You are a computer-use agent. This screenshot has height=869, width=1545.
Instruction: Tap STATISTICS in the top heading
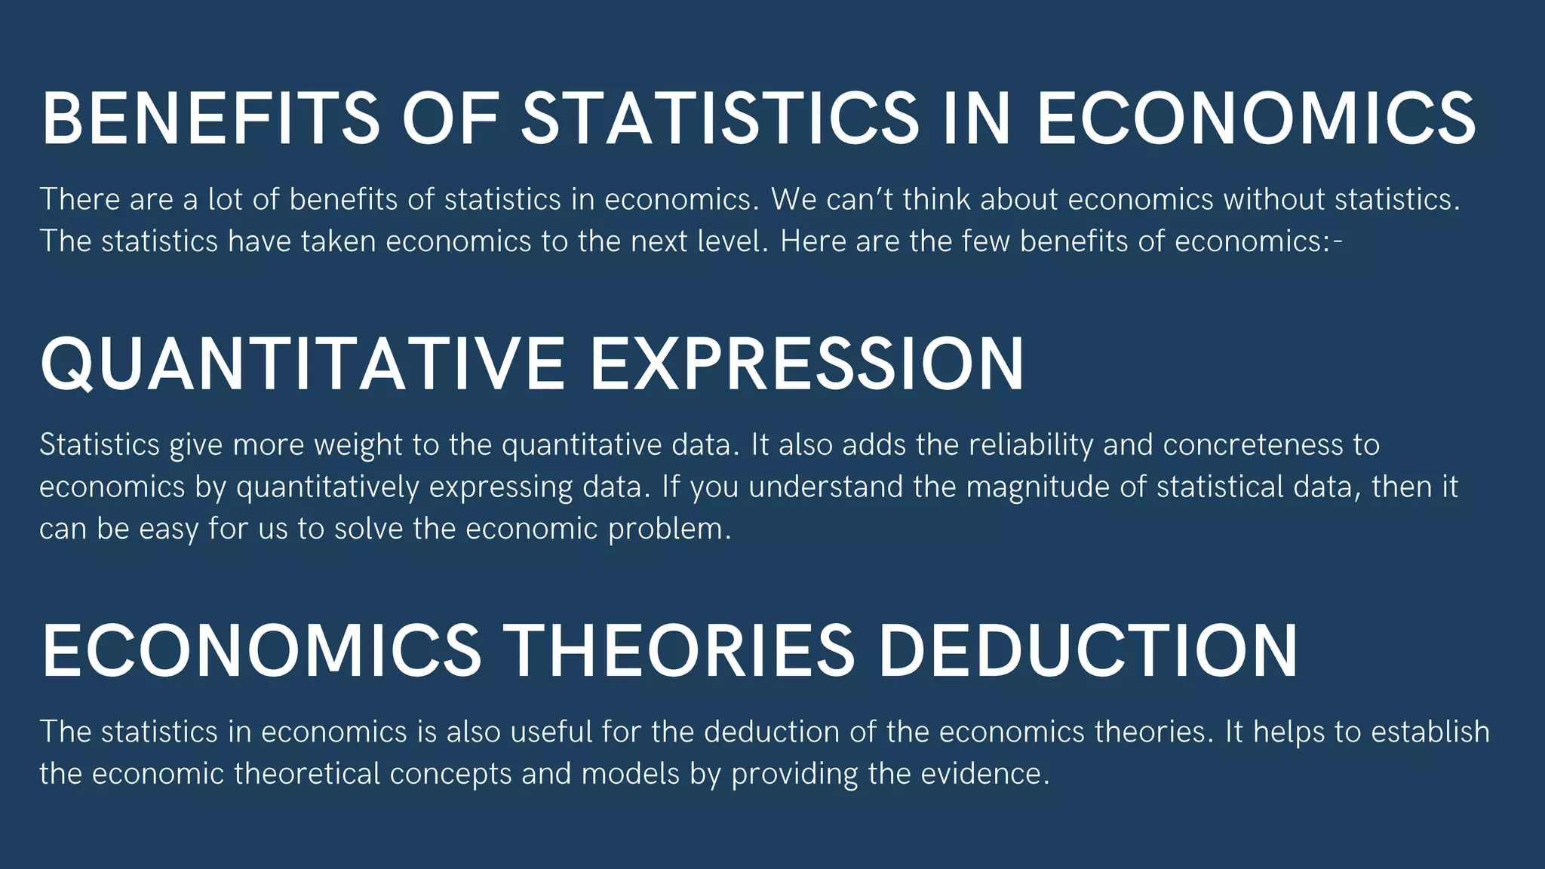(720, 119)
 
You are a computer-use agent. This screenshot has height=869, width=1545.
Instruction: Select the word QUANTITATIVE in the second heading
(303, 364)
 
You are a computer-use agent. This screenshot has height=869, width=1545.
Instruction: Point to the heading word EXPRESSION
(806, 364)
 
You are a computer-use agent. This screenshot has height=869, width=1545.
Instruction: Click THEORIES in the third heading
(678, 650)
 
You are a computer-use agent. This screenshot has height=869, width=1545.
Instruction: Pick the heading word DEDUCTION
(1089, 650)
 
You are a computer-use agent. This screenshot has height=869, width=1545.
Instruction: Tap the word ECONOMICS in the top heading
(1256, 119)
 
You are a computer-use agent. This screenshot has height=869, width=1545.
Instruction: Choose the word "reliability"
(1031, 445)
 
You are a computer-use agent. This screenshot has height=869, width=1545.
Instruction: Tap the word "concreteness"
(1253, 445)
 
